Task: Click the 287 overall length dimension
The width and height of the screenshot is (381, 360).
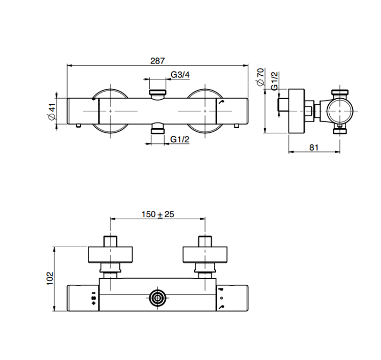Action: [157, 61]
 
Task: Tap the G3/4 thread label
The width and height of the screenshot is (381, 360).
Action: [180, 74]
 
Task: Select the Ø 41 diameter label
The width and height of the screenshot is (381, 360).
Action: [52, 111]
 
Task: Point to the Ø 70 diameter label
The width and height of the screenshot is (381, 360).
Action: [260, 77]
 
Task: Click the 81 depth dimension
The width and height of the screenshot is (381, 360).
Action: [314, 147]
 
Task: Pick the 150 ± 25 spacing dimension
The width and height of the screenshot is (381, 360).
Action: [157, 214]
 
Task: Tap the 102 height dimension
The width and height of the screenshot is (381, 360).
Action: [50, 279]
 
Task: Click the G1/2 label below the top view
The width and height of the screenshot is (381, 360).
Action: [179, 139]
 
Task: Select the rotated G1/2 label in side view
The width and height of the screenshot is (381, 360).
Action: [274, 81]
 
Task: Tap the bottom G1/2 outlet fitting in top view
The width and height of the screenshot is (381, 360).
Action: [157, 129]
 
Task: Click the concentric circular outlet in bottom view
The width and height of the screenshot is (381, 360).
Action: [157, 298]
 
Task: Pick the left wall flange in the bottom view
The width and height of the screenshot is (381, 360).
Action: [110, 255]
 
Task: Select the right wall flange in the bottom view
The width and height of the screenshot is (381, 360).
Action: [205, 255]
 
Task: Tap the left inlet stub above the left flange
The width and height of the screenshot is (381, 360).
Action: [110, 242]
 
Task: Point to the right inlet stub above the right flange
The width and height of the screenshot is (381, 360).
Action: [205, 242]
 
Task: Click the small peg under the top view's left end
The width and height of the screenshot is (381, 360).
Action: [78, 126]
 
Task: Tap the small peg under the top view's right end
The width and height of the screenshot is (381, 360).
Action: [237, 126]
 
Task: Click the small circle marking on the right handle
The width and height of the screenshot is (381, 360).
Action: [221, 298]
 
